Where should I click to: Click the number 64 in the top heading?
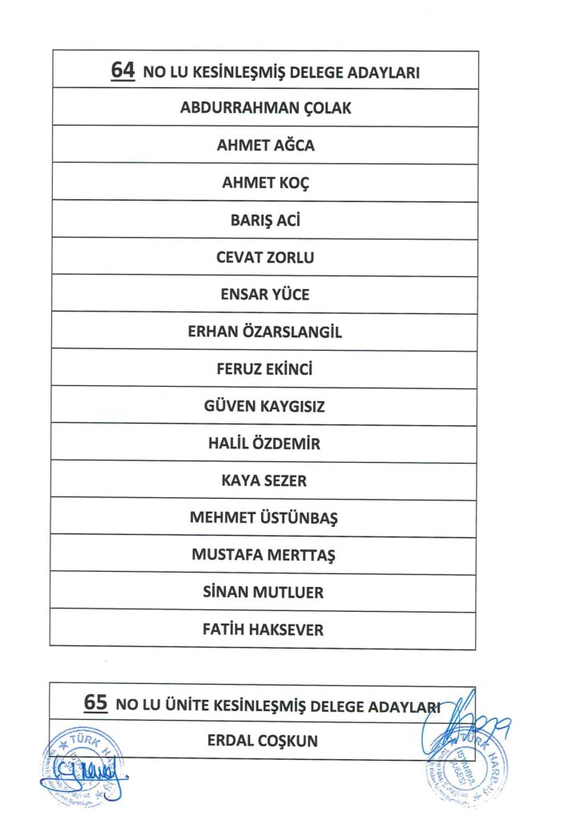tap(123, 70)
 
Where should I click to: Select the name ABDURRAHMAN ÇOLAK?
tap(265, 108)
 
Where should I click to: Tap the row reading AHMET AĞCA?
tap(265, 146)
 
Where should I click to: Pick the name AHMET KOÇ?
tap(265, 183)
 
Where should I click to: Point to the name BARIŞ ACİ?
tap(265, 220)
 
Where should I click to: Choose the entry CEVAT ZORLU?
tap(265, 258)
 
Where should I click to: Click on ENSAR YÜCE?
tap(265, 295)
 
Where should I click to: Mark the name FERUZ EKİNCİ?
tap(265, 369)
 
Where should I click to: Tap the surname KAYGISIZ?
tap(292, 407)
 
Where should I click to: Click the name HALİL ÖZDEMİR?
tap(265, 444)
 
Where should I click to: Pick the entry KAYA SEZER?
tap(265, 481)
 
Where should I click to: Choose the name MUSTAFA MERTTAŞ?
tap(265, 555)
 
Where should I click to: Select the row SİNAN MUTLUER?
tap(265, 593)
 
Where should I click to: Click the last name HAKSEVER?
tap(285, 630)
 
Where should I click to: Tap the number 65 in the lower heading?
tap(95, 704)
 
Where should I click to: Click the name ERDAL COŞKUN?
tap(263, 741)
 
